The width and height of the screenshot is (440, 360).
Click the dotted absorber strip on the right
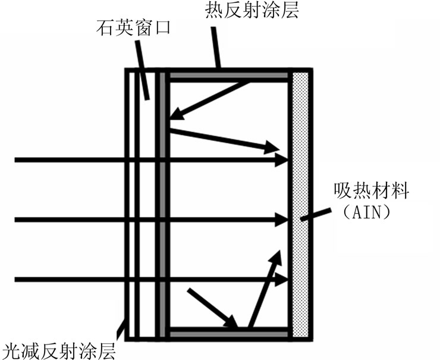coord(300,205)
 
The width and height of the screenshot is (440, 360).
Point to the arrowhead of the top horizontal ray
coord(282,159)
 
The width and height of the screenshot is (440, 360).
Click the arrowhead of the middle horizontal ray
coord(282,220)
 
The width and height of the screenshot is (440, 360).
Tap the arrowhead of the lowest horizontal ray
coord(282,279)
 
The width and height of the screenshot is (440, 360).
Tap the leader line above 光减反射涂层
coord(122,327)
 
